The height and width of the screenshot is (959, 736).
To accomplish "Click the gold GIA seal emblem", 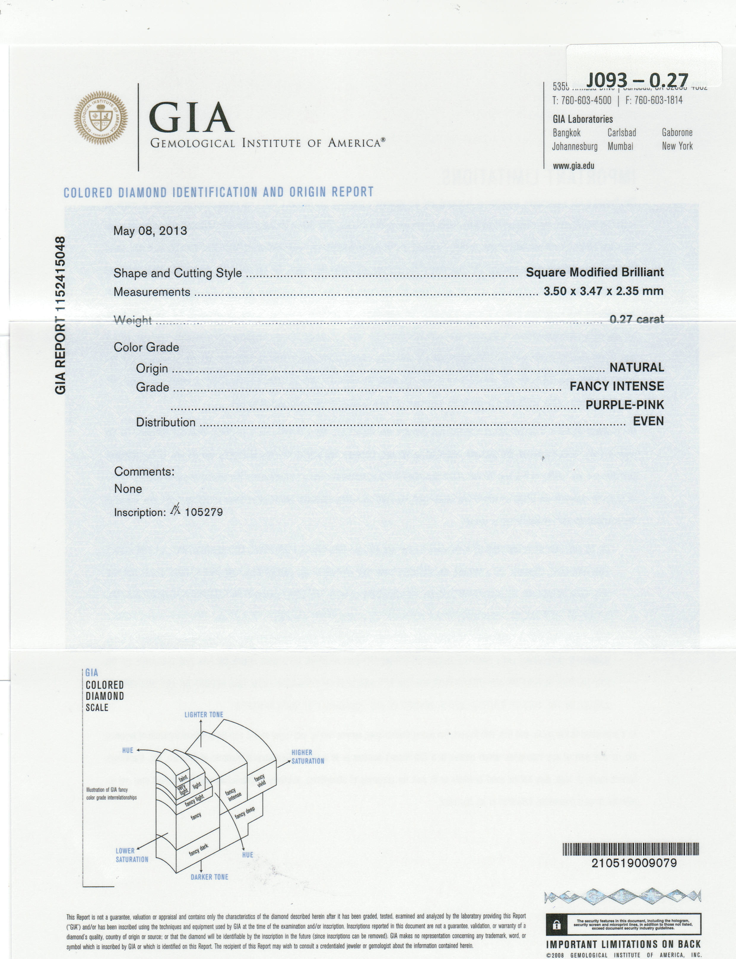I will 101,118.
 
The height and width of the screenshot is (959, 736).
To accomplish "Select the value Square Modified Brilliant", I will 594,272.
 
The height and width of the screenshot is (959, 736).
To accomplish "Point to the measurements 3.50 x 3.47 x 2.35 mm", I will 603,291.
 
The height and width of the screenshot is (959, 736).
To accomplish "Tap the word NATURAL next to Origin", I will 637,367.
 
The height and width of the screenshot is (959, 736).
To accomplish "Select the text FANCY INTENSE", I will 616,386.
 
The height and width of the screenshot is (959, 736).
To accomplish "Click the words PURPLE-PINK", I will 624,405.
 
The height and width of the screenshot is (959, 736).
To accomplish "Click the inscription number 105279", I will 204,512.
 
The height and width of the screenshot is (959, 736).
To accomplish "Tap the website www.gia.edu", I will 573,166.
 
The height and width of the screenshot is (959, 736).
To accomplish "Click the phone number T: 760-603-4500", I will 581,100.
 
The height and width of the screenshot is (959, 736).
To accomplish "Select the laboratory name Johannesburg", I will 574,146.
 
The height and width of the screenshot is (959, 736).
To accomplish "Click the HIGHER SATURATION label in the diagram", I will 307,756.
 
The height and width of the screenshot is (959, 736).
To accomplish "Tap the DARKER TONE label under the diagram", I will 210,877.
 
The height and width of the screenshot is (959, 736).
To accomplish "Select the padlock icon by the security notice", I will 556,925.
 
